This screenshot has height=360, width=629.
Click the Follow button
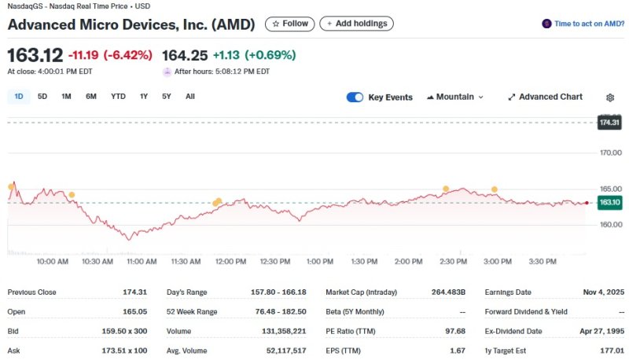tap(289, 24)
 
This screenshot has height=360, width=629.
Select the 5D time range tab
tap(42, 97)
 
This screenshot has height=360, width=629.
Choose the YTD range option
tap(118, 97)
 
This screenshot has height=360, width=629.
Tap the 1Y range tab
tap(143, 97)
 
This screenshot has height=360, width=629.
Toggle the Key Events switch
tap(355, 97)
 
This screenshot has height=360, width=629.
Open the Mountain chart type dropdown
tap(454, 97)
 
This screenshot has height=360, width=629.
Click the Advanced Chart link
tap(546, 97)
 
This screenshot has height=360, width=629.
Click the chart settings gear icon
tap(610, 97)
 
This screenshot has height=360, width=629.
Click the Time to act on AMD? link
tap(583, 24)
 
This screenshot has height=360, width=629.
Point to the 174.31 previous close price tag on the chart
tap(609, 123)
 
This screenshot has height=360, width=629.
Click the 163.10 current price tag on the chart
tap(609, 203)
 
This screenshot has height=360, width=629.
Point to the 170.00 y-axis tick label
tap(611, 152)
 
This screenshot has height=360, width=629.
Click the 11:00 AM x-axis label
tap(142, 261)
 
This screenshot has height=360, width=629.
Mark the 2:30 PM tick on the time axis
tap(453, 261)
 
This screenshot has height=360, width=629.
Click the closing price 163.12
tap(34, 56)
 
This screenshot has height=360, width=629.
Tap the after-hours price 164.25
tap(184, 56)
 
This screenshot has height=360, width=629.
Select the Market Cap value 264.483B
tap(443, 292)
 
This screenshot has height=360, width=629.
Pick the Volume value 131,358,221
tap(283, 331)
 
